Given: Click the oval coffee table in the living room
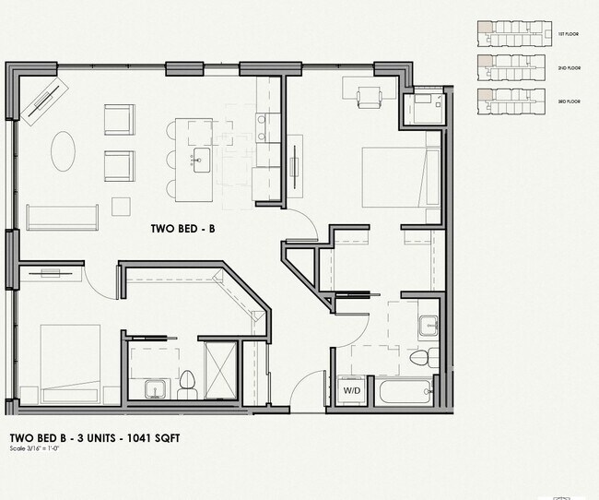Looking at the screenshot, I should pos(63,150).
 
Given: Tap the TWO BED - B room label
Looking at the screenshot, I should pos(182,227).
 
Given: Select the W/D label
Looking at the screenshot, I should pos(353,391).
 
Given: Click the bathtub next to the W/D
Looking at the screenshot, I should pos(406,393).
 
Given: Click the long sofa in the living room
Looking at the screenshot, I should pos(62,217).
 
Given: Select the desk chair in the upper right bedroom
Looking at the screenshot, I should pos(370,96).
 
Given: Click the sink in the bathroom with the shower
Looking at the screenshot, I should pos(153,388).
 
